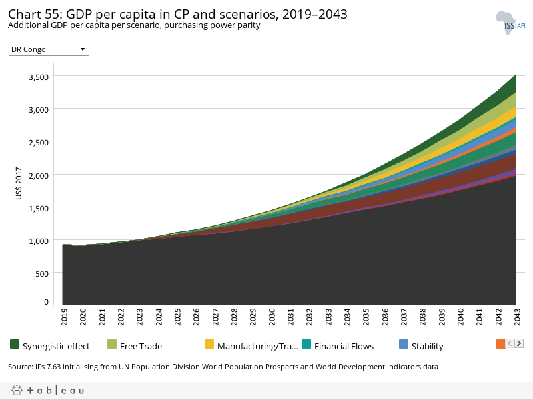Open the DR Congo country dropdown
(x=49, y=49)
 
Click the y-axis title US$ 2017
(x=19, y=183)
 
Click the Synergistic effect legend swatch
(x=15, y=345)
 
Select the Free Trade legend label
(x=141, y=346)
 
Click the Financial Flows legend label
(x=344, y=346)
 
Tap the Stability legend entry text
(x=427, y=346)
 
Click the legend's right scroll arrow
(x=519, y=343)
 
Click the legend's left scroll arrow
(x=510, y=343)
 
